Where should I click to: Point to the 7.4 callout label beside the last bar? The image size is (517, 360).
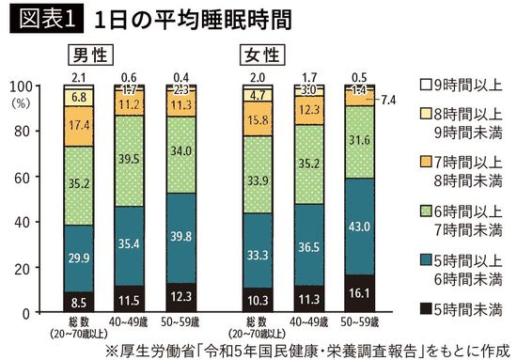(389, 99)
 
